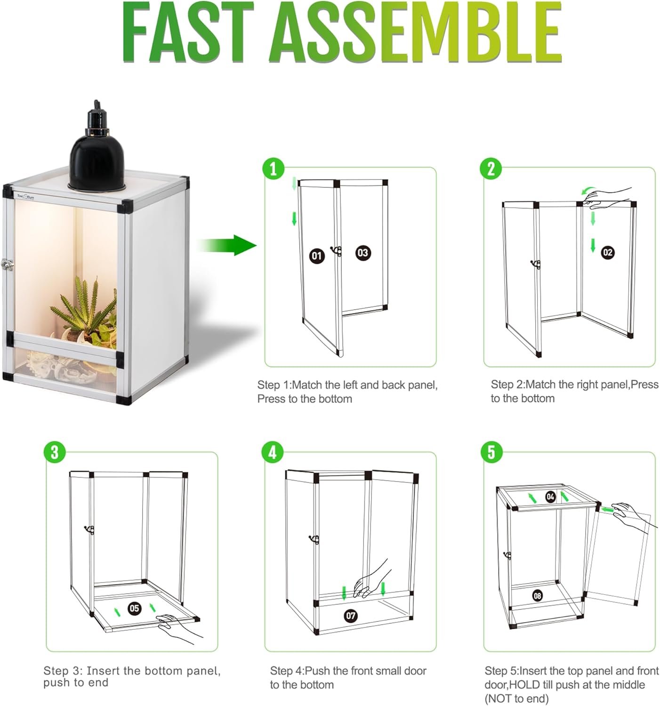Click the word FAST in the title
click(188, 32)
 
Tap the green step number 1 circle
click(273, 168)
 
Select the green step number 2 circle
click(491, 168)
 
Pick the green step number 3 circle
click(55, 452)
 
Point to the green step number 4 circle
click(273, 452)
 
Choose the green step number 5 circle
click(491, 452)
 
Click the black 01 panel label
click(317, 256)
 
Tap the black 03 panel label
click(362, 253)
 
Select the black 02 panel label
click(608, 252)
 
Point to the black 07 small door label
click(351, 616)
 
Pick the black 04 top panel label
click(550, 497)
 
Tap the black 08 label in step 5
click(538, 595)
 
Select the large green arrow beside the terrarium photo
click(227, 245)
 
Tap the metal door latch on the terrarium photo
click(7, 265)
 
